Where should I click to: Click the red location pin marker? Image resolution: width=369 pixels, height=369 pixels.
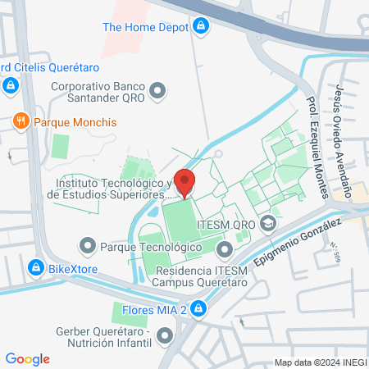tap(185, 182)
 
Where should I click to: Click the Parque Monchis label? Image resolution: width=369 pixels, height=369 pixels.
tap(75, 122)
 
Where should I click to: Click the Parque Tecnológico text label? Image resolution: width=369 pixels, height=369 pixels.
tap(150, 245)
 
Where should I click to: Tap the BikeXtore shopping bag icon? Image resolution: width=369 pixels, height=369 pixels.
tap(35, 267)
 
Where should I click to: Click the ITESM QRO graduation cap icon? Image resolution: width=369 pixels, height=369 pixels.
tap(267, 223)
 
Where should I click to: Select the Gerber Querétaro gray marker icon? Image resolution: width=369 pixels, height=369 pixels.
tap(166, 335)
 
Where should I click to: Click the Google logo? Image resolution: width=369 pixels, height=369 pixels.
tap(28, 359)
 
